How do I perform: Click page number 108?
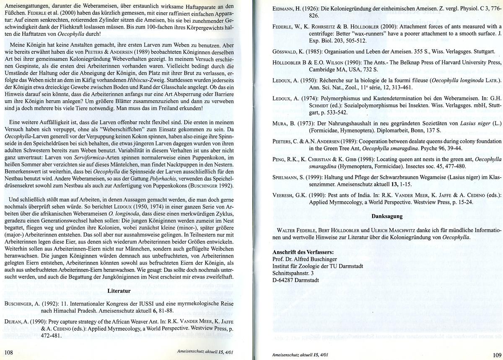coord(10,351)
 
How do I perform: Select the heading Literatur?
coord(120,290)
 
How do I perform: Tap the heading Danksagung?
coord(387,217)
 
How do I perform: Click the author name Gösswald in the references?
coord(285,52)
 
